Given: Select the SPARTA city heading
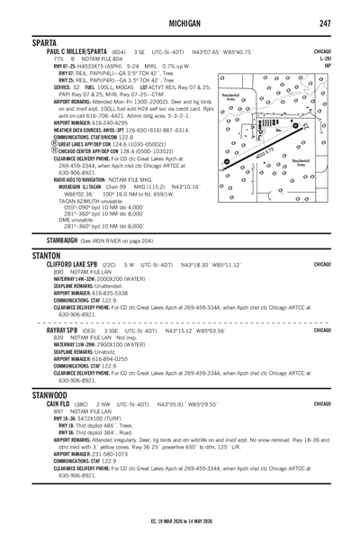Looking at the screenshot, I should click(26, 42).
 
